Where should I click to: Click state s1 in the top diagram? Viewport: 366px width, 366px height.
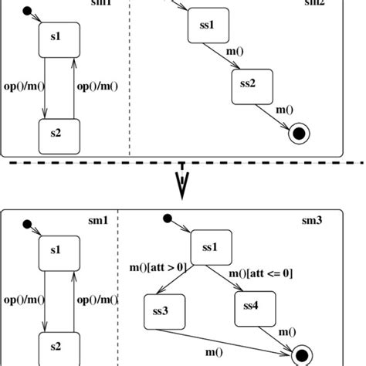[x=55, y=36]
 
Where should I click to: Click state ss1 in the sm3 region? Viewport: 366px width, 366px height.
[x=209, y=248]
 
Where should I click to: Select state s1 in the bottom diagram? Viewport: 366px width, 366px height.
[x=55, y=250]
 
